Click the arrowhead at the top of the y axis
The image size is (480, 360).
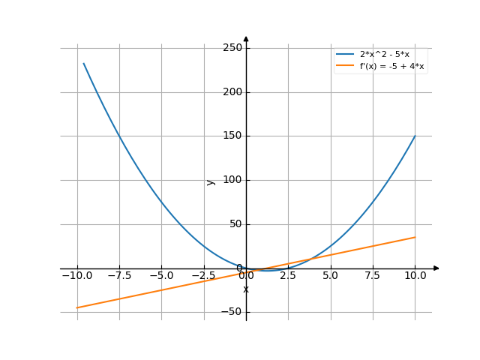click(246, 38)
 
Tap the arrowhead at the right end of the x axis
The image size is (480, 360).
click(436, 268)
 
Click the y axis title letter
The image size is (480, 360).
click(211, 181)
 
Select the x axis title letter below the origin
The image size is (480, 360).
click(246, 289)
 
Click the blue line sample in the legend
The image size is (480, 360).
click(345, 54)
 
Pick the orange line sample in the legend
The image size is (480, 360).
click(345, 66)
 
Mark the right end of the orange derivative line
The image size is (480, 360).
click(415, 237)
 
